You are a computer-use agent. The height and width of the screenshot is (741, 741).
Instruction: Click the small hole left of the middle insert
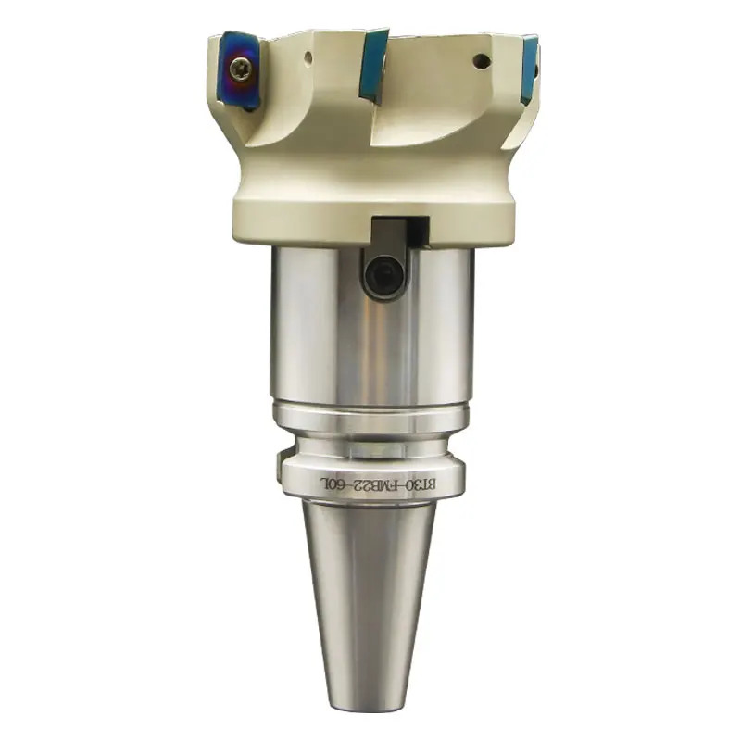tap(308, 58)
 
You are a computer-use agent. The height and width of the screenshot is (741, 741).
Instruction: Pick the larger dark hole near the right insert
tap(481, 60)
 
